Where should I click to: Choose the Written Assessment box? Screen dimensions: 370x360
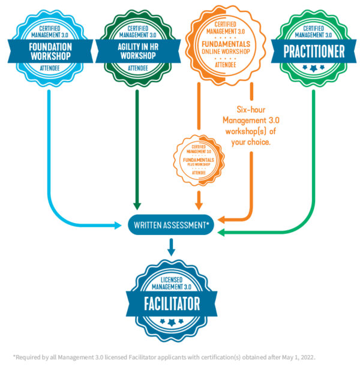[x=170, y=226]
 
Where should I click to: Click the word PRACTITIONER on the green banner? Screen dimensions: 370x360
[x=313, y=51]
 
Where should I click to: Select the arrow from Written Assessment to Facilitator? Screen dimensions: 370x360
[x=171, y=246]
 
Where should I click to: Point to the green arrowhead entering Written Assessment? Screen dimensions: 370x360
[x=221, y=232]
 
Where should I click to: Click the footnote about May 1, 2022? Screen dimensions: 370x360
[x=164, y=357]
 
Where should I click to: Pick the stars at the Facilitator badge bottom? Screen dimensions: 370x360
[x=171, y=324]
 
